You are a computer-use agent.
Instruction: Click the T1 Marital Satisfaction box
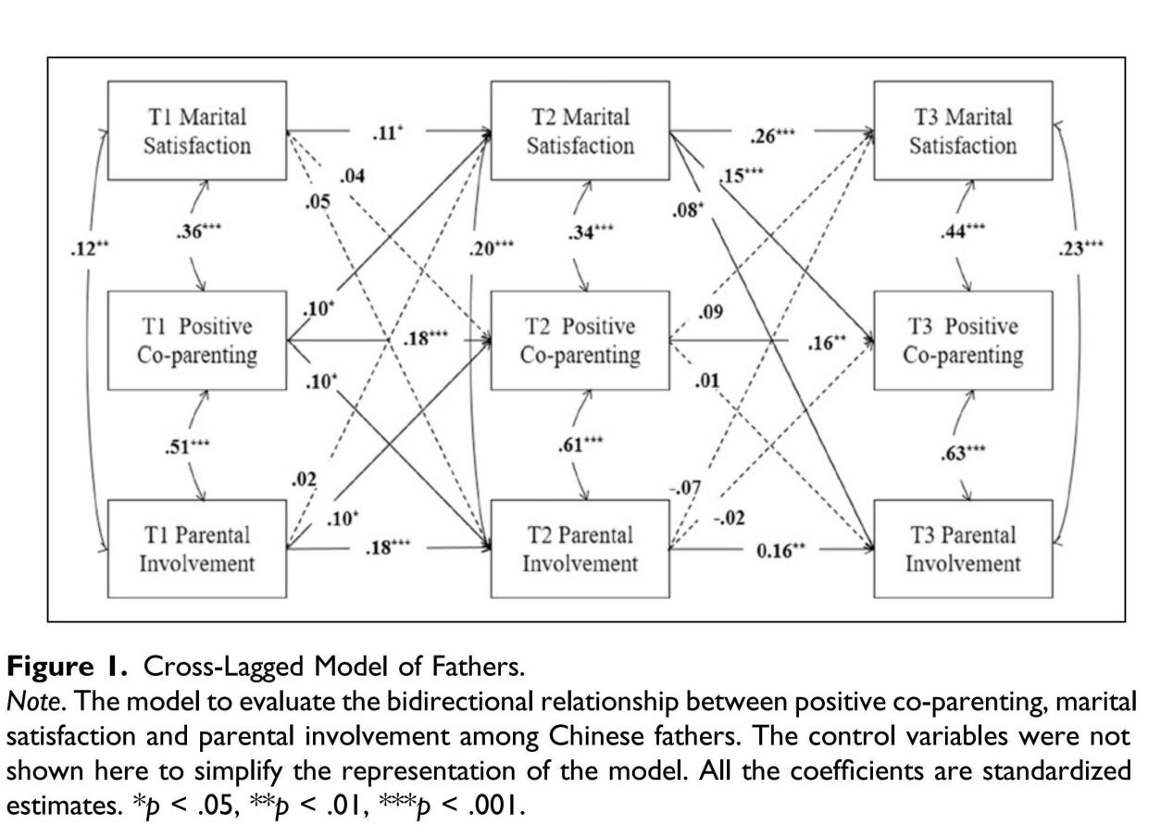click(197, 131)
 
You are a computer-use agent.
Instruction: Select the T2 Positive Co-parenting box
click(580, 340)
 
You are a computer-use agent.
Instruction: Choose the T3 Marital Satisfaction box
click(963, 131)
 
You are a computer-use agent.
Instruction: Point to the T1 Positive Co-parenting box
click(197, 340)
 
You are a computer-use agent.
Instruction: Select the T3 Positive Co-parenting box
click(963, 340)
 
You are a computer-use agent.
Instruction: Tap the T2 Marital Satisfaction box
click(580, 131)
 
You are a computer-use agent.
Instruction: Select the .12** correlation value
click(91, 250)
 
